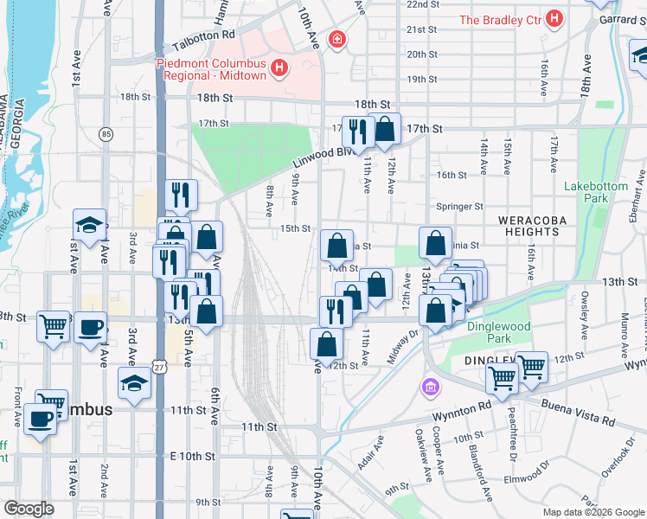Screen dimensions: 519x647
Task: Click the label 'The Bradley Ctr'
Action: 499,19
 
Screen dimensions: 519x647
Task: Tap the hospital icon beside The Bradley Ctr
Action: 554,18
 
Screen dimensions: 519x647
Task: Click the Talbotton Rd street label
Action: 203,35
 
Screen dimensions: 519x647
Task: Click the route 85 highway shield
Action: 106,134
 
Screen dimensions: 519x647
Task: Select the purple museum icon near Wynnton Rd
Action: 429,386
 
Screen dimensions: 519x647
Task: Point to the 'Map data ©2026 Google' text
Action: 593,512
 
